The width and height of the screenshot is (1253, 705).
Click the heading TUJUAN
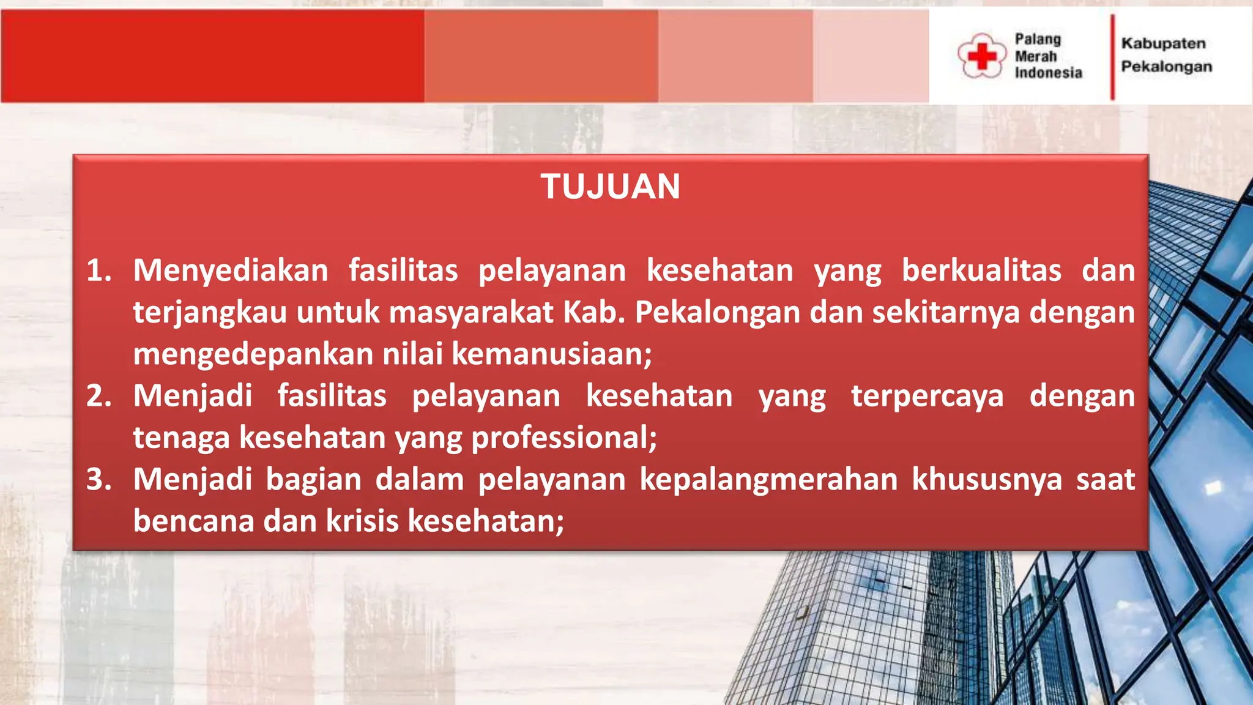pos(610,187)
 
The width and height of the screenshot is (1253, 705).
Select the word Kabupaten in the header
pos(1163,43)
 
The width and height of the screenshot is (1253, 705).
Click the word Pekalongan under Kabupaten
pos(1166,67)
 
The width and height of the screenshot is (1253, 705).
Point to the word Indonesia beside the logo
pos(1048,73)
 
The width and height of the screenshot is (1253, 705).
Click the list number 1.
pos(99,270)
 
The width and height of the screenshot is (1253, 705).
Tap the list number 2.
pos(99,396)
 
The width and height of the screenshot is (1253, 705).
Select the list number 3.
pos(99,479)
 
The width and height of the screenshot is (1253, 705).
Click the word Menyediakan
pos(231,270)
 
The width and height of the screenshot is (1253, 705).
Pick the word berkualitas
pos(981,270)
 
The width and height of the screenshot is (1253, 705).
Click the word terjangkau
pos(210,313)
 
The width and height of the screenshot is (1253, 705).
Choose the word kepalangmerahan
pos(768,479)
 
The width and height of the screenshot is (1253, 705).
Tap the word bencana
pos(193,521)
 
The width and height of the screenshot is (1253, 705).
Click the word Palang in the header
pos(1038,39)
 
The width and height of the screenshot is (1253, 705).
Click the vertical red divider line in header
pos(1112,56)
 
